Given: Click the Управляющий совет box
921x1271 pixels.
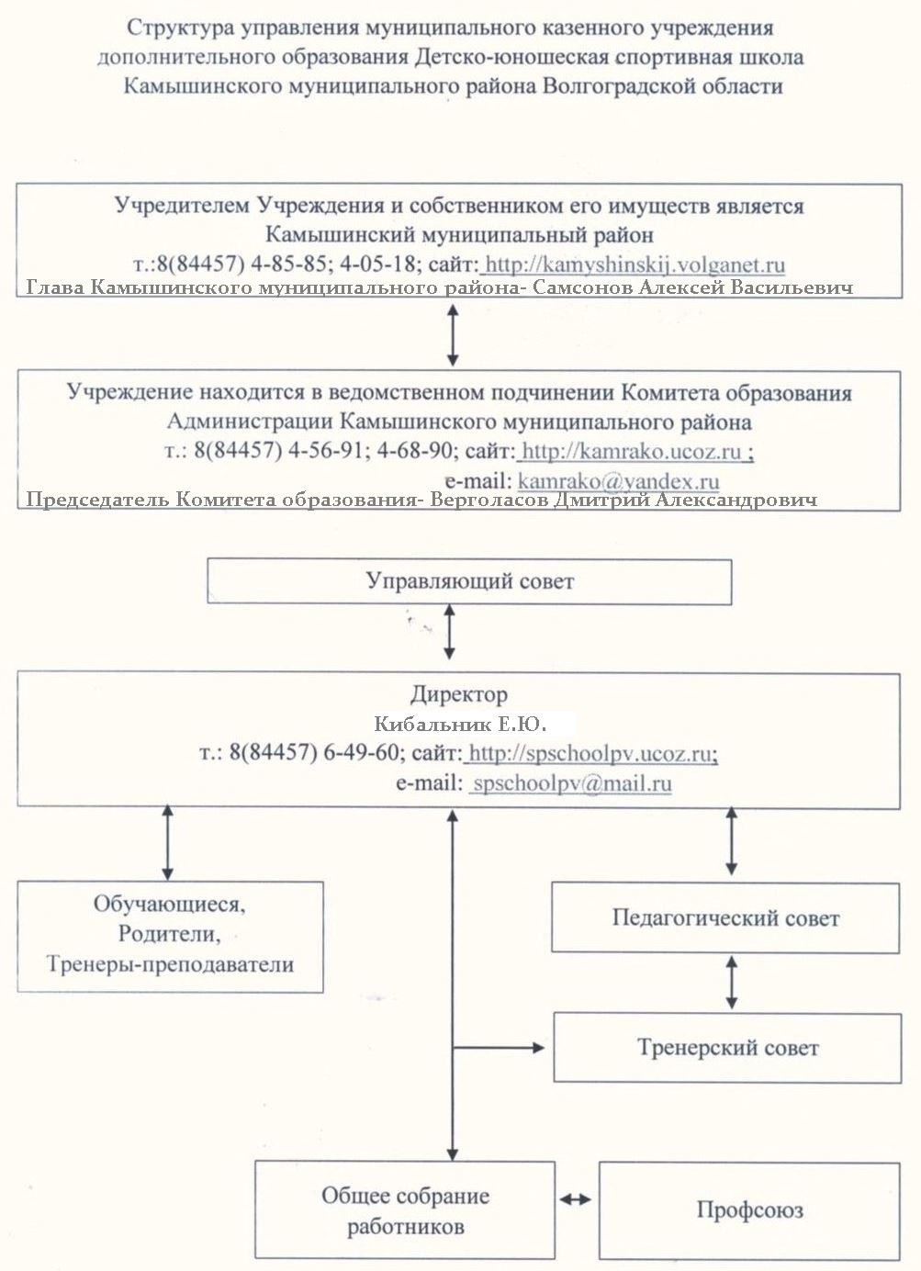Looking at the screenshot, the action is click(x=469, y=581).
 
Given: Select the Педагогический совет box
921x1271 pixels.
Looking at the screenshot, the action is click(x=725, y=917).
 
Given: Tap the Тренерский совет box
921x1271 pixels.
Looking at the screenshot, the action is click(x=727, y=1048).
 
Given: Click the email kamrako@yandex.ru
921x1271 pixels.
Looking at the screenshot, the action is click(x=619, y=481).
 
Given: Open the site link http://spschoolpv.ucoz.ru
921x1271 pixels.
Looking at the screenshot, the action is click(x=590, y=754).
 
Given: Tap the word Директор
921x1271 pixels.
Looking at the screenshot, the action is click(x=459, y=694).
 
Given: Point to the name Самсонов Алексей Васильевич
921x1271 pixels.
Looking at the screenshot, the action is click(x=693, y=287).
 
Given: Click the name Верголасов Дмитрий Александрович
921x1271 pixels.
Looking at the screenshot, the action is click(x=623, y=500).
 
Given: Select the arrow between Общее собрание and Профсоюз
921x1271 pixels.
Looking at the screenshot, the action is click(x=576, y=1199).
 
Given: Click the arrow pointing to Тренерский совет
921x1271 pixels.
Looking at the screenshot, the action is click(x=499, y=1048).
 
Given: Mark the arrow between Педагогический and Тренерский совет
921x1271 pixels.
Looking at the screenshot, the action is click(x=732, y=983).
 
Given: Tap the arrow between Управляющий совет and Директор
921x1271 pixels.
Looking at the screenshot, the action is click(x=449, y=632).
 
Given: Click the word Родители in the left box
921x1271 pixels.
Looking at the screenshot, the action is click(x=169, y=934).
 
